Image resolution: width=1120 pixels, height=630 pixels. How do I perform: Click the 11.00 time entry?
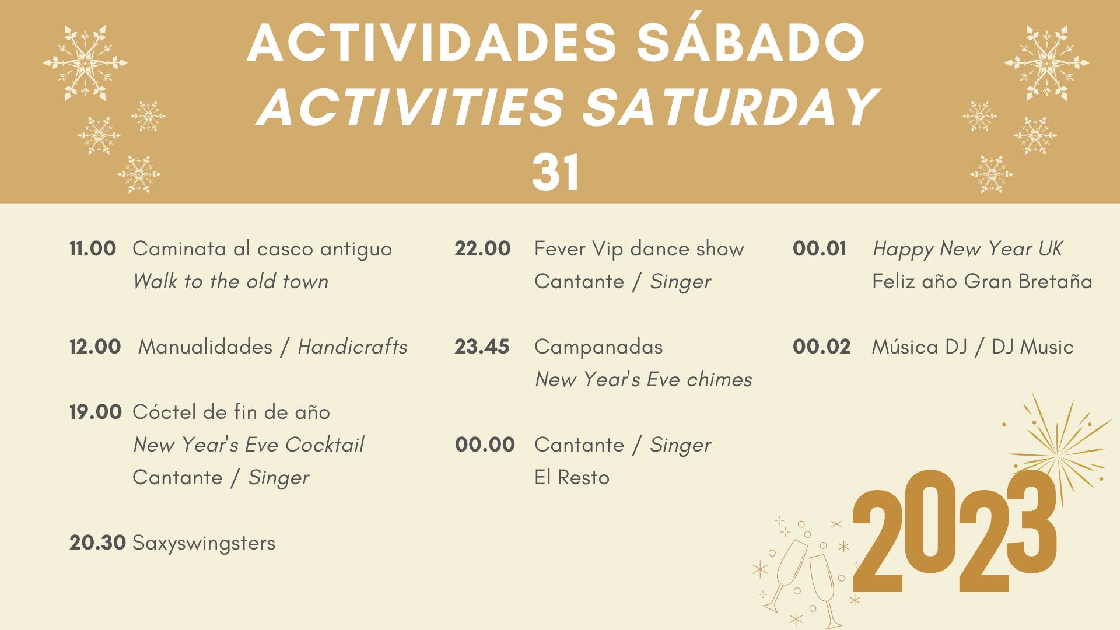pyautogui.click(x=93, y=249)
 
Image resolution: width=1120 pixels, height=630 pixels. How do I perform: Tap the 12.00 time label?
pyautogui.click(x=95, y=346)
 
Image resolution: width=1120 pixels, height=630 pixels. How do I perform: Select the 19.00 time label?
pyautogui.click(x=96, y=412)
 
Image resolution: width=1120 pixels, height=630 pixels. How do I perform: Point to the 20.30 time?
pyautogui.click(x=97, y=542)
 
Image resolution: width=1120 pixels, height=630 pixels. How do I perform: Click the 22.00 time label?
pyautogui.click(x=482, y=249)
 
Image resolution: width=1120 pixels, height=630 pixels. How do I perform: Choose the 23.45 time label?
pyautogui.click(x=482, y=346)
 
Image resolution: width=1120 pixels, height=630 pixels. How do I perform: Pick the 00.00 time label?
pyautogui.click(x=485, y=444)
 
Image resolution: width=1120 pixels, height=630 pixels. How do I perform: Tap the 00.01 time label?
pyautogui.click(x=820, y=249)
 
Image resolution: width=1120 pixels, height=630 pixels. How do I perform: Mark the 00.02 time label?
pyautogui.click(x=821, y=346)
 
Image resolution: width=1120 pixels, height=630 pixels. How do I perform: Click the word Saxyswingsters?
pyautogui.click(x=204, y=544)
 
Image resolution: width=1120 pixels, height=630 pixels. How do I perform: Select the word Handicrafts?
pyautogui.click(x=353, y=346)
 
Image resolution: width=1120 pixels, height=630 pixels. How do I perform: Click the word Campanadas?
pyautogui.click(x=598, y=348)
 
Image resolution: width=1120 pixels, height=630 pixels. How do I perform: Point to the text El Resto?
pyautogui.click(x=572, y=477)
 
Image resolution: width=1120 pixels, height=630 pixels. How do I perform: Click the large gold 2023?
pyautogui.click(x=954, y=531)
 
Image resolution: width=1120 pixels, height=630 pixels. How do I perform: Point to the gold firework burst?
pyautogui.click(x=1057, y=452)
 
